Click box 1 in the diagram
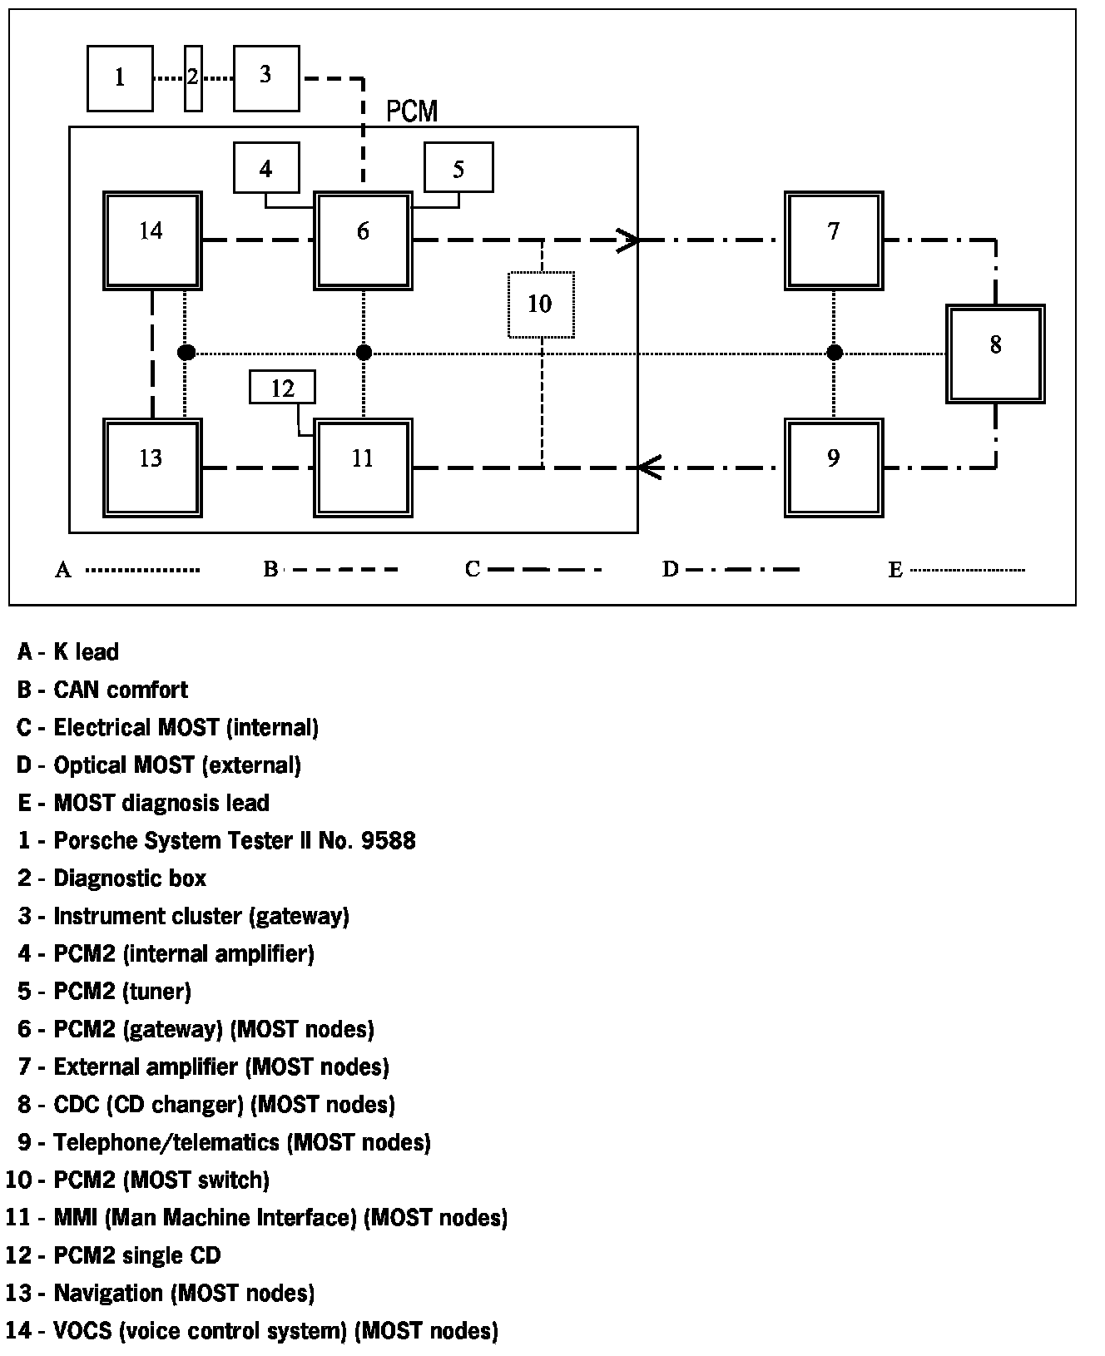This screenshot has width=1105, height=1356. (x=120, y=78)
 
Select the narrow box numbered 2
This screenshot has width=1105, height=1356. (x=193, y=78)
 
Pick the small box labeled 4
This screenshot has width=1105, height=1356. (x=266, y=169)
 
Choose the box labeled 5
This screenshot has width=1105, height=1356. (x=458, y=169)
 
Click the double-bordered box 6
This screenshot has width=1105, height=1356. (x=363, y=240)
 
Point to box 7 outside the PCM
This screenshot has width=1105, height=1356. (x=834, y=240)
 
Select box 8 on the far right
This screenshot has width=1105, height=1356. (x=995, y=354)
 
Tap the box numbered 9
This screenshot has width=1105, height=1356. (x=834, y=468)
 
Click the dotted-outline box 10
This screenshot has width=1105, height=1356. (x=541, y=304)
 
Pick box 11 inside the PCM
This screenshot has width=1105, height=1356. (x=363, y=468)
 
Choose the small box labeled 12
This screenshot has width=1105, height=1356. (x=283, y=388)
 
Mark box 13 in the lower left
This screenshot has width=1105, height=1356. (x=152, y=468)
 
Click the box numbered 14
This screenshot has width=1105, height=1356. (x=152, y=240)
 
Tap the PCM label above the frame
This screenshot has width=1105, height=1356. (x=412, y=111)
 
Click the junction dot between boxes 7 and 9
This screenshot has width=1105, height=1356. (x=835, y=353)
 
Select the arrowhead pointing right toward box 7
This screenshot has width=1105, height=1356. (x=629, y=240)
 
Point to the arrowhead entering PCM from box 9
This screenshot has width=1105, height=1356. (x=649, y=468)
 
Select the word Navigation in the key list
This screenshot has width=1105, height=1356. (x=108, y=1293)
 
